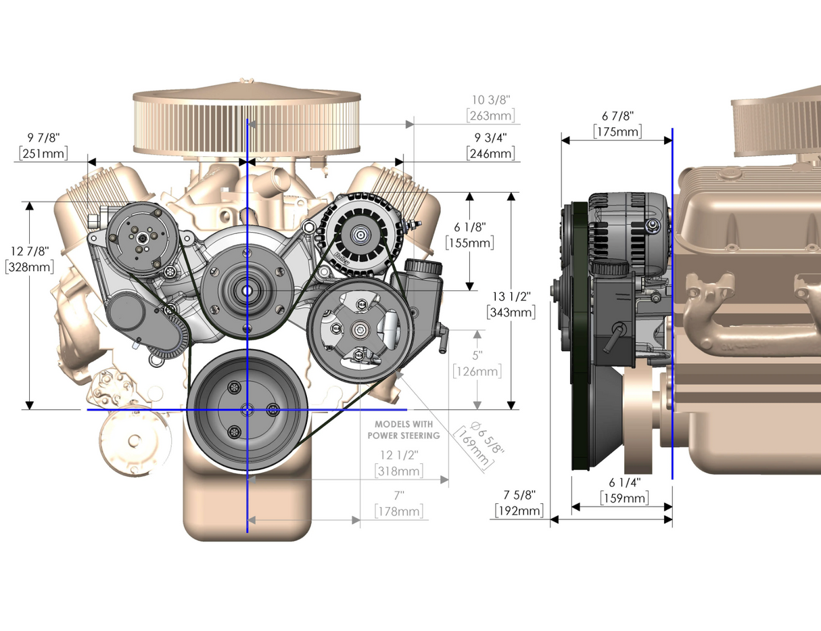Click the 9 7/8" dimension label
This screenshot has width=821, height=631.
pos(43,138)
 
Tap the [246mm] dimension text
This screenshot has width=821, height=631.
pos(490,154)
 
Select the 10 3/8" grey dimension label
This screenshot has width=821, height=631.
pos(491,99)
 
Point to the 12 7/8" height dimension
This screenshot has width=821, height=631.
pos(30,251)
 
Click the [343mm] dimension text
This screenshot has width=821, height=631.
pos(511,312)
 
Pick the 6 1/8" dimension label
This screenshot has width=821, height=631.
pos(469,227)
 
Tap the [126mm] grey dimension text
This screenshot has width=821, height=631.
pos(477,371)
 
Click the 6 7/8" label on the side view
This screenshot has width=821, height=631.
pos(617,116)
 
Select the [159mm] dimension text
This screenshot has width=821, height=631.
pos(624,498)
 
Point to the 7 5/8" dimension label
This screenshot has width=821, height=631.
pos(519,494)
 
